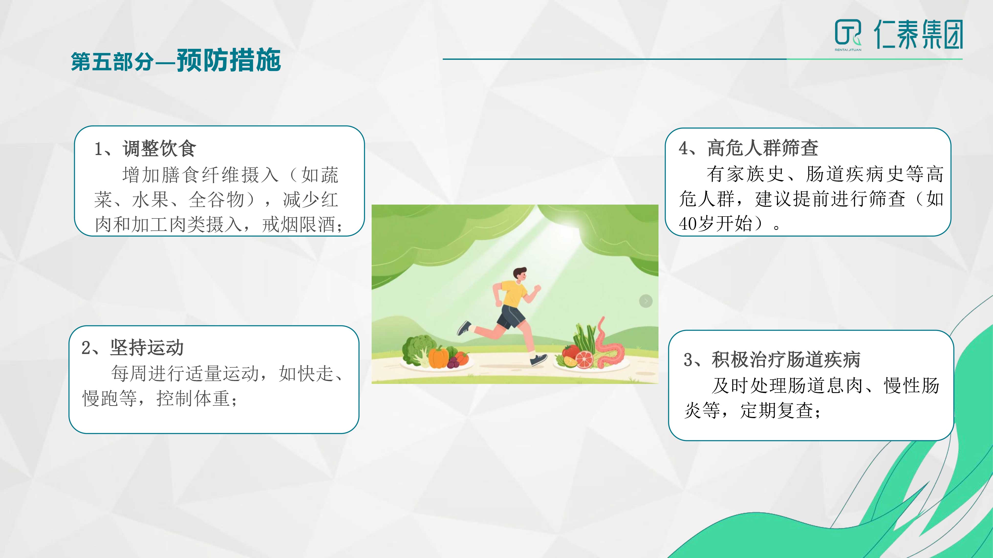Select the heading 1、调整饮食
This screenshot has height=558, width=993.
coord(145,148)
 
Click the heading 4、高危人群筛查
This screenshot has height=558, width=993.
coord(748,148)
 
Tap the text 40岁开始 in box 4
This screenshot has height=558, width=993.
coord(715,223)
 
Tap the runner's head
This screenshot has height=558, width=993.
coord(520,274)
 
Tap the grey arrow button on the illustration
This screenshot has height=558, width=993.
coord(646,301)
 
